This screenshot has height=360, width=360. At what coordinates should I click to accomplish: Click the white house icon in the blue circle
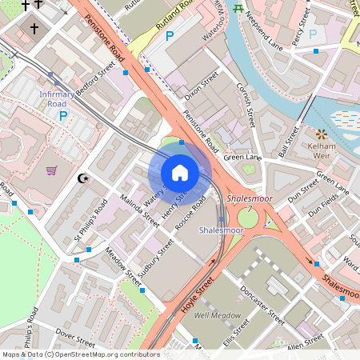point(180,172)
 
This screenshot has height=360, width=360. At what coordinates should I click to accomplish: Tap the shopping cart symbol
point(52,170)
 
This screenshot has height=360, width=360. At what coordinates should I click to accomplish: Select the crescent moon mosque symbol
point(81,178)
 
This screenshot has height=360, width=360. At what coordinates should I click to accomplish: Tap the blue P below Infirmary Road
point(63,116)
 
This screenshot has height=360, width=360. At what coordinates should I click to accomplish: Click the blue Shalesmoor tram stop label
point(221,230)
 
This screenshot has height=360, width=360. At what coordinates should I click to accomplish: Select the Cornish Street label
point(245,108)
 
